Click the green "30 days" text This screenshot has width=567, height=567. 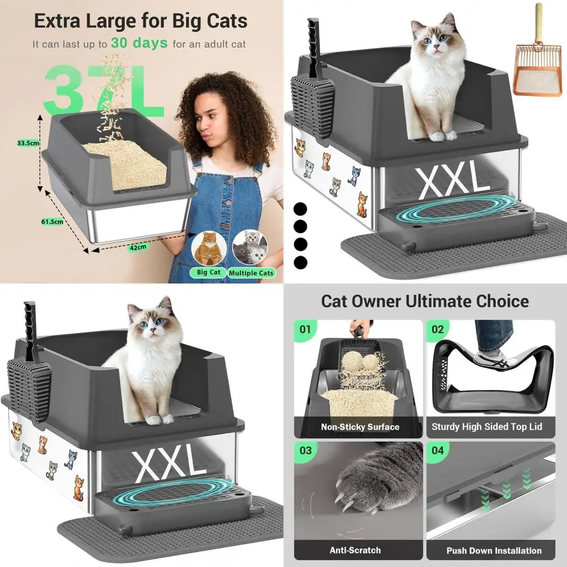[139, 43]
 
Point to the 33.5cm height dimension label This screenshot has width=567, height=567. [28, 143]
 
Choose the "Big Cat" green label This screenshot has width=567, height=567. [208, 272]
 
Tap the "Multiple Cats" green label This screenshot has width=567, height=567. [251, 273]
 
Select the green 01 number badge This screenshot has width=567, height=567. [305, 329]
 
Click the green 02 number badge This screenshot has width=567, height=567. [438, 329]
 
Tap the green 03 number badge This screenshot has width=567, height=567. [305, 451]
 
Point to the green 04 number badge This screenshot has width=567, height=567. [438, 451]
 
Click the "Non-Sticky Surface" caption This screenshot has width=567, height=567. [360, 427]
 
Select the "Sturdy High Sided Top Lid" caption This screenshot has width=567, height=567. [492, 427]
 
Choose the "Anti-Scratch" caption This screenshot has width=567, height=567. [355, 550]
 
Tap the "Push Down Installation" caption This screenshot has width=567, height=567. [493, 551]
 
